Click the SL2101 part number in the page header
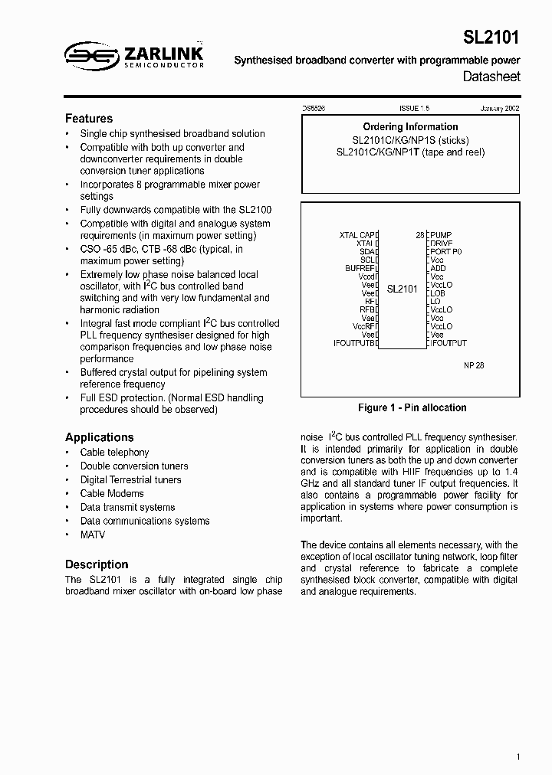pyautogui.click(x=491, y=38)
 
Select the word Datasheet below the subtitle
pyautogui.click(x=491, y=77)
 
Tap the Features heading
pyautogui.click(x=89, y=119)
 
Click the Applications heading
pyautogui.click(x=100, y=437)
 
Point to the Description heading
pyautogui.click(x=97, y=564)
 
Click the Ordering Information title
pyautogui.click(x=410, y=127)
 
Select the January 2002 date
pyautogui.click(x=500, y=110)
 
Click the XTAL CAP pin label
pyautogui.click(x=356, y=235)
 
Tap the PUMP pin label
pyautogui.click(x=442, y=235)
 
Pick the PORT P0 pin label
pyautogui.click(x=446, y=251)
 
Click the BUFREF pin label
pyautogui.click(x=359, y=268)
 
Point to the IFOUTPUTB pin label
pyautogui.click(x=355, y=343)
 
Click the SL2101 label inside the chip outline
pyautogui.click(x=402, y=289)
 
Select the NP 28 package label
pyautogui.click(x=474, y=366)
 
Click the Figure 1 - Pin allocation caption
pyautogui.click(x=412, y=408)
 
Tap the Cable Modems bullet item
pyautogui.click(x=112, y=494)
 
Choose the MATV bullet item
pyautogui.click(x=93, y=535)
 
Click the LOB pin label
pyautogui.click(x=438, y=293)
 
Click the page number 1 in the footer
pyautogui.click(x=518, y=757)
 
